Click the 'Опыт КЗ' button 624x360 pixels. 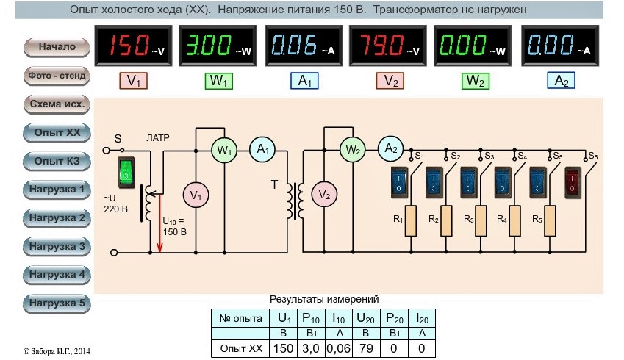coord(57,161)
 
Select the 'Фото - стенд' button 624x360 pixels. coord(57,76)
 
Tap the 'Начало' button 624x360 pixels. coord(57,47)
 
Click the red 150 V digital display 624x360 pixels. coord(133,46)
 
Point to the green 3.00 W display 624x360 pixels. coord(218,46)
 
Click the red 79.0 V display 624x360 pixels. coord(388,46)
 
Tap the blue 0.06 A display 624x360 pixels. coord(304,46)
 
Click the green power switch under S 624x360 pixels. coord(126,172)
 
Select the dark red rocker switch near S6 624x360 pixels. coord(573,183)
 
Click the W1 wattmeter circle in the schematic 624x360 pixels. coord(224,151)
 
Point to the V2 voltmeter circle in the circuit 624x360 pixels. coord(324,195)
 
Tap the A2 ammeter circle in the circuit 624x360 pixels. coord(390,148)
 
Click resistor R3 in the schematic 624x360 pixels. coord(481,220)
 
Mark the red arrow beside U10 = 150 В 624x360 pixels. coord(159,223)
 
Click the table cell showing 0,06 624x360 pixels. coord(338,348)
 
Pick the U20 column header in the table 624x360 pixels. coord(366,318)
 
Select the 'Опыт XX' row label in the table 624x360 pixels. coord(241,348)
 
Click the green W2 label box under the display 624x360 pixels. coord(475,81)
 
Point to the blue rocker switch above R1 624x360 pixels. coord(399,183)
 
